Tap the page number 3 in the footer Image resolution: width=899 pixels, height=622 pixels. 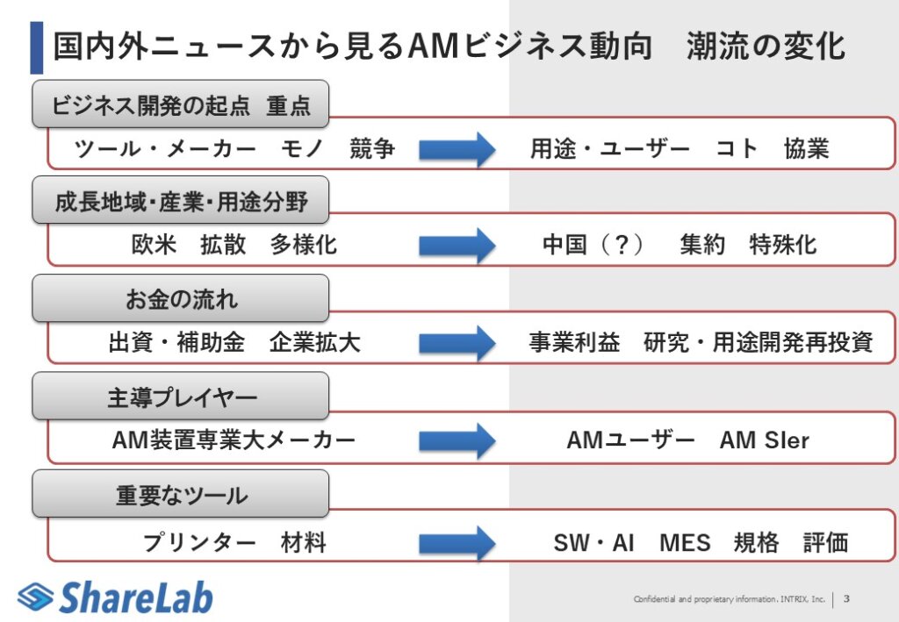coord(846,599)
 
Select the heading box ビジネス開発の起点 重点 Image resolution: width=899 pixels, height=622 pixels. coord(181,106)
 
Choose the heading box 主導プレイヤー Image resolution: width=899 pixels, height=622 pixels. coord(181,397)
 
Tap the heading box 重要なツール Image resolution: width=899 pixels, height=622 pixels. coord(181,495)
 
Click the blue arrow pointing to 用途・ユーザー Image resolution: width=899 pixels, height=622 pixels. coord(457,149)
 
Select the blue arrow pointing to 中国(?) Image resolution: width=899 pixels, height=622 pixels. coord(457,245)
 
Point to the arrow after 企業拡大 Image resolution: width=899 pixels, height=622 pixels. coord(457,342)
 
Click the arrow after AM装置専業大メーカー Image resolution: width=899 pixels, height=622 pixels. coord(457,440)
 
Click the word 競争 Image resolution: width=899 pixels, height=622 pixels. coord(372,149)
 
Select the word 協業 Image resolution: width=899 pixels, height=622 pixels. coord(807,149)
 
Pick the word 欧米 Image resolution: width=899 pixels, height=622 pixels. coord(154,245)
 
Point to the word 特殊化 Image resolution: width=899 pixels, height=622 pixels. coord(783,245)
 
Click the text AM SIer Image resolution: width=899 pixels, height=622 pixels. coord(764,440)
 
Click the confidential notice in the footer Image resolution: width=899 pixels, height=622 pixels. coord(730,600)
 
